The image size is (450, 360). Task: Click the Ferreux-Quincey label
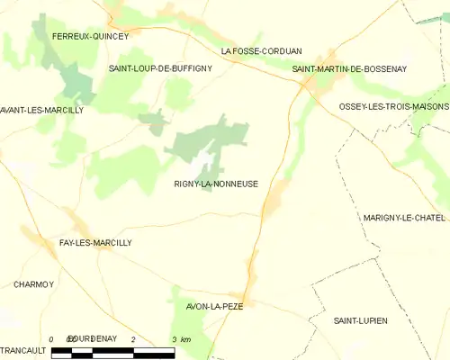(x=90, y=36)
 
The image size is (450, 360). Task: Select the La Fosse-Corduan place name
(x=262, y=51)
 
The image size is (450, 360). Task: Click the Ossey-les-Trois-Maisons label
(x=393, y=106)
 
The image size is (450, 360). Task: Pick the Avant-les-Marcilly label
(x=41, y=110)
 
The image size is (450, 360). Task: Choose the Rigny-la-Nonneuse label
(x=217, y=184)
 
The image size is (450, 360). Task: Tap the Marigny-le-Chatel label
(x=404, y=218)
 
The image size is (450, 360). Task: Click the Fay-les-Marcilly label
(x=94, y=243)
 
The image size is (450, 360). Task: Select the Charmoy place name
(x=33, y=284)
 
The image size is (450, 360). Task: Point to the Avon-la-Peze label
(x=214, y=306)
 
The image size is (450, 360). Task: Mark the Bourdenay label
(x=92, y=337)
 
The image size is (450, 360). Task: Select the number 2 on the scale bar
(x=133, y=338)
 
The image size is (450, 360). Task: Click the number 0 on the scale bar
(x=52, y=338)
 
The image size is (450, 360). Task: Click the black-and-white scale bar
(x=112, y=351)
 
